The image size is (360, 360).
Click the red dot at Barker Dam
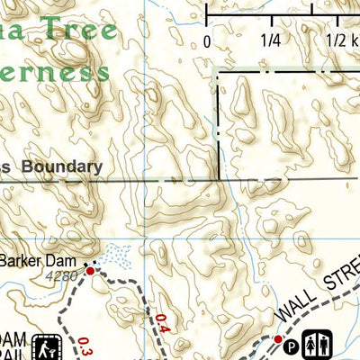[90, 269]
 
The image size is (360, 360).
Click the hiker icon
[46, 346]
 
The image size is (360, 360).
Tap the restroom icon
[323, 342]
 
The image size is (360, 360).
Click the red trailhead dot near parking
[279, 339]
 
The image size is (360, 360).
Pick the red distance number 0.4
[162, 322]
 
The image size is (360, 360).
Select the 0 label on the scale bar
[206, 40]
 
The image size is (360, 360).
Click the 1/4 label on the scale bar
[270, 40]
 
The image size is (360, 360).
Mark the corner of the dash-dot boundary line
[218, 72]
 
